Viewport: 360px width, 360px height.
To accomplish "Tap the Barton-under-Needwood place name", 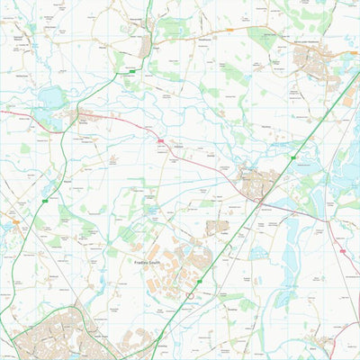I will pos(308,41).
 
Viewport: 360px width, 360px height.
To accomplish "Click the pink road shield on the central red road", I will pos(161,141).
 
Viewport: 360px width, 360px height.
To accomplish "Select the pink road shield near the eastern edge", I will pos(342,251).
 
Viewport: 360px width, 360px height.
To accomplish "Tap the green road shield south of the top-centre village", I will pos(132,70).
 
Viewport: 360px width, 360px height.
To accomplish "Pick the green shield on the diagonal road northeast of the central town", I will pos(293,157).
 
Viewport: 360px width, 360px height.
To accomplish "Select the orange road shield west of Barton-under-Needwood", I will pos(229,30).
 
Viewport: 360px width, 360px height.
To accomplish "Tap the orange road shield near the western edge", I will pos(15,220).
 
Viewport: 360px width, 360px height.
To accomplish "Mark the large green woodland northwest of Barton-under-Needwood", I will pos(263,37).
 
